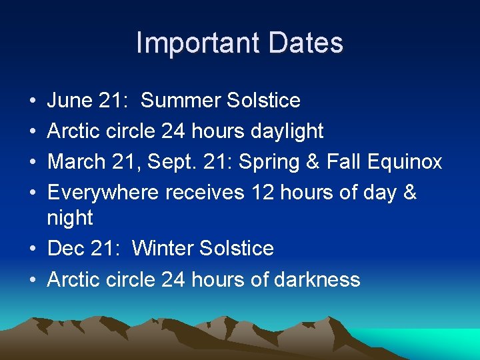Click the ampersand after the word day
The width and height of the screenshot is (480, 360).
click(x=409, y=193)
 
